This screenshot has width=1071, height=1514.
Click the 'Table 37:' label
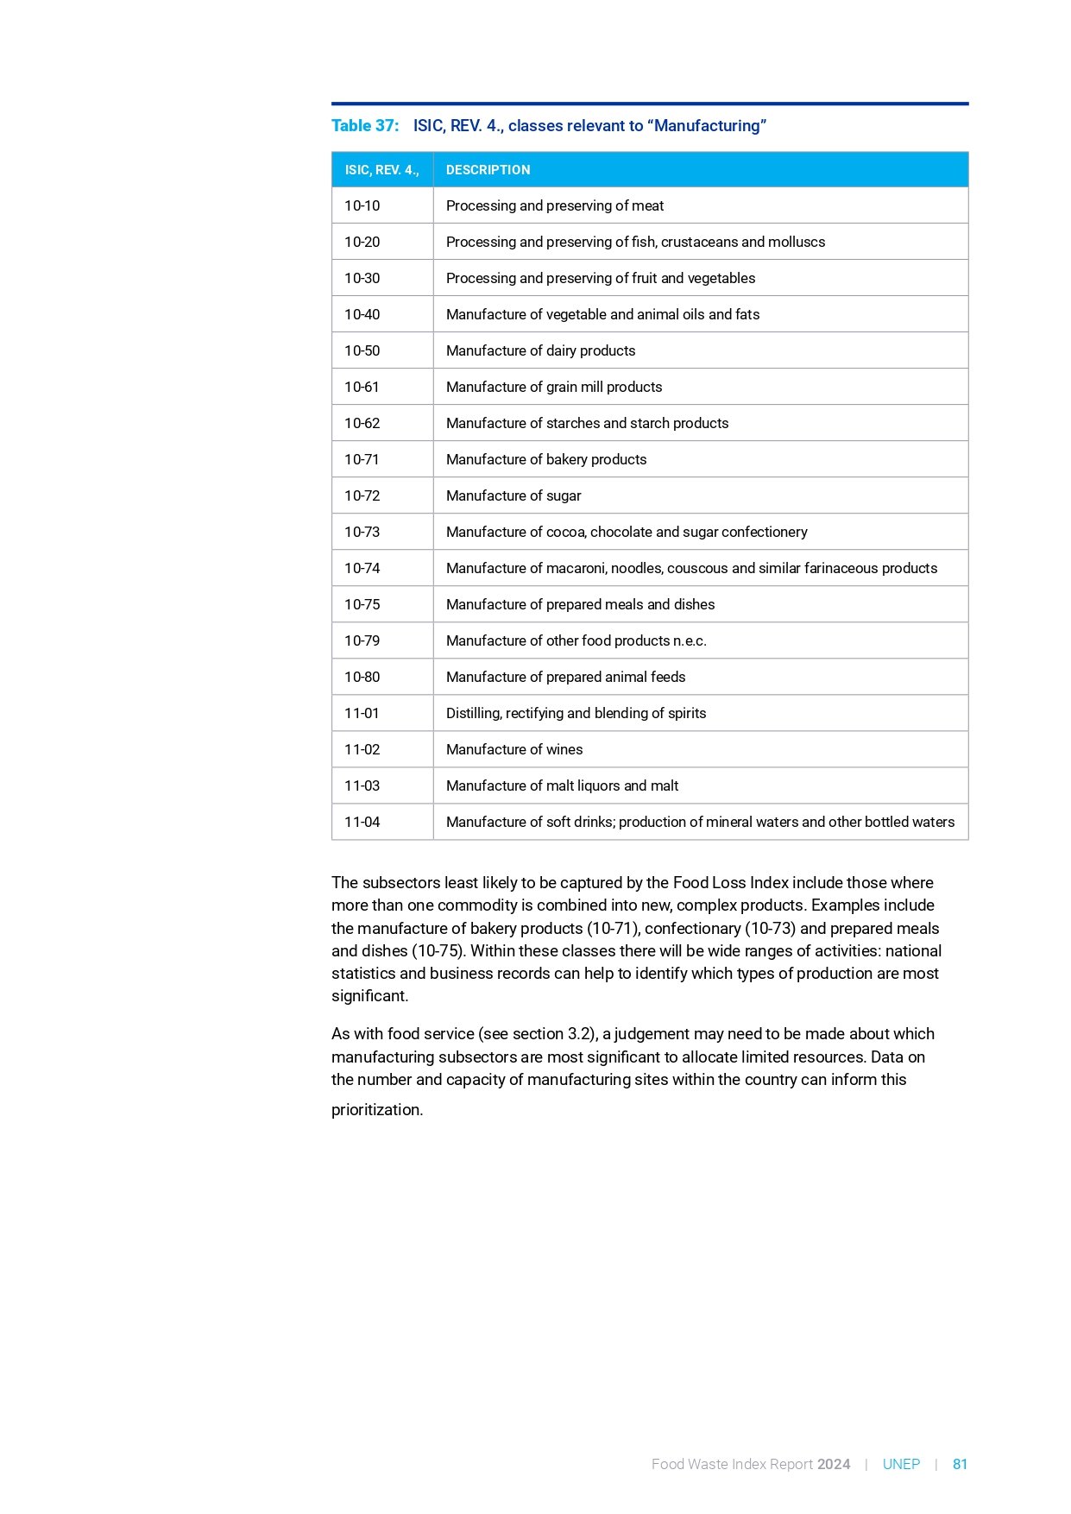[x=365, y=126]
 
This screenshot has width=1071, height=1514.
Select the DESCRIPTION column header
[x=488, y=170]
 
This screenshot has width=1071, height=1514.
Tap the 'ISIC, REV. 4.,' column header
[x=381, y=170]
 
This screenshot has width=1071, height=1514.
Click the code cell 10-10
[x=362, y=206]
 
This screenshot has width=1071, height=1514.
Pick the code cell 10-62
[x=362, y=424]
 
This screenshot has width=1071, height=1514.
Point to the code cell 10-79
[x=362, y=641]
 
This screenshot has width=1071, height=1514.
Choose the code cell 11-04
[x=362, y=823]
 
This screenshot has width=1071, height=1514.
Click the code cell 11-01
[x=362, y=714]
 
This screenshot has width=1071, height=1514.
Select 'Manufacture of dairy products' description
[x=540, y=351]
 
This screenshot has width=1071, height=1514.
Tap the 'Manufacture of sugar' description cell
[x=513, y=496]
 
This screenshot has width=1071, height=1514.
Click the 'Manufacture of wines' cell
[x=514, y=750]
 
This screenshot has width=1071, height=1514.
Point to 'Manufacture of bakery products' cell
[x=546, y=460]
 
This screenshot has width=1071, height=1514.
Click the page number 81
[x=960, y=1465]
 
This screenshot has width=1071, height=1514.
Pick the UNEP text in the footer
[x=901, y=1465]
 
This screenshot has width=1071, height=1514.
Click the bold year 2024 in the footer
[x=834, y=1465]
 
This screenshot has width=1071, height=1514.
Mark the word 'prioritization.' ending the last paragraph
[x=377, y=1110]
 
